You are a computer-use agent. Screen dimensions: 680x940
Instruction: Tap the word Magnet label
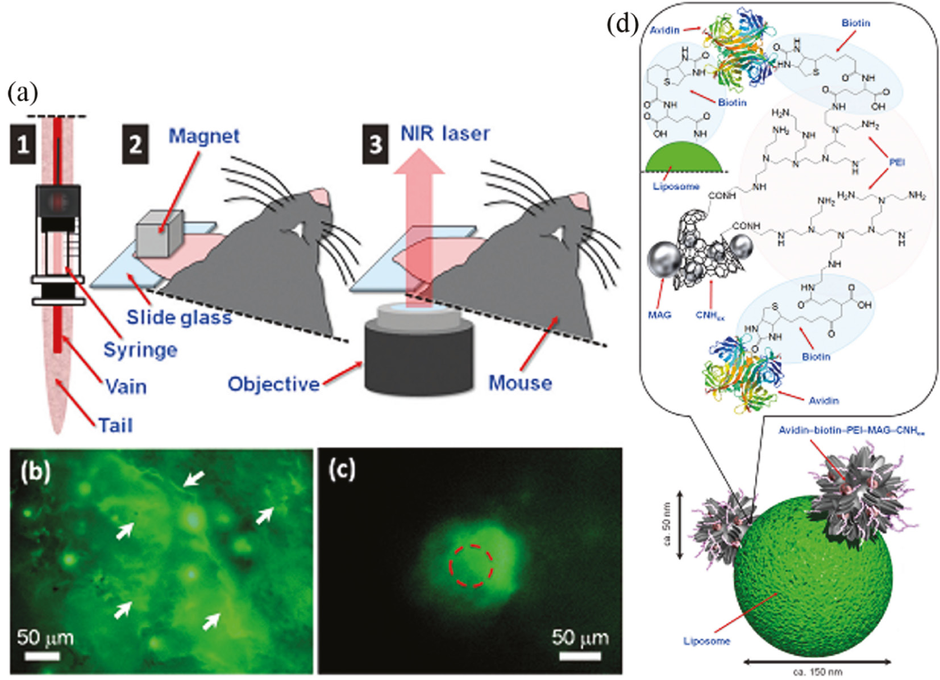point(204,136)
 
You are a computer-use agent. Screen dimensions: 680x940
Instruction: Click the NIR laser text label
point(445,134)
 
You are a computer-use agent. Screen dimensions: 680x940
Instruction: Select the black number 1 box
point(23,144)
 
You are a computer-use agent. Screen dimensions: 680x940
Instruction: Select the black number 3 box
point(376,144)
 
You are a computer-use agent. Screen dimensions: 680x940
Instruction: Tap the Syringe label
point(140,350)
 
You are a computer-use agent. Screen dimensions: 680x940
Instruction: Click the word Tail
point(115,425)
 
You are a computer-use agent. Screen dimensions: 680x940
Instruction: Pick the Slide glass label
point(179,317)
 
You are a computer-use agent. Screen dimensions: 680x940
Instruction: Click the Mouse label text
point(520,383)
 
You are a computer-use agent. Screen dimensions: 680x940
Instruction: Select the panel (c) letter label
point(342,470)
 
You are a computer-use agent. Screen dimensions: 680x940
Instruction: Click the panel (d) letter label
point(622,24)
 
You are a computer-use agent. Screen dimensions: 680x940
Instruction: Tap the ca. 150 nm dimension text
point(818,671)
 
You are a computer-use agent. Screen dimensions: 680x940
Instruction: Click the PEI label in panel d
point(897,163)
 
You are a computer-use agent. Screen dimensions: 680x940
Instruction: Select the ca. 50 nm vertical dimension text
point(667,524)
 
